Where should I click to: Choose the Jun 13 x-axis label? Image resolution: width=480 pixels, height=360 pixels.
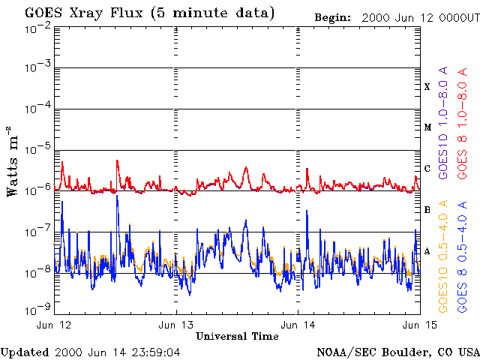pyautogui.click(x=177, y=325)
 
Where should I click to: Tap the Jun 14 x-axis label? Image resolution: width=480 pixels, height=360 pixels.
pyautogui.click(x=298, y=325)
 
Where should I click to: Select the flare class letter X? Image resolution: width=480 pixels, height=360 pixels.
pyautogui.click(x=427, y=87)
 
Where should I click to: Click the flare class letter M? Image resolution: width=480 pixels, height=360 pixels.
pyautogui.click(x=427, y=127)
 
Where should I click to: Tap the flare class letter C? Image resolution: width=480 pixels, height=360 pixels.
pyautogui.click(x=427, y=169)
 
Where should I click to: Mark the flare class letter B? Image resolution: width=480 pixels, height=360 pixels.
pyautogui.click(x=427, y=210)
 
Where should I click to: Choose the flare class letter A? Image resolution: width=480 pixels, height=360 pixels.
pyautogui.click(x=427, y=251)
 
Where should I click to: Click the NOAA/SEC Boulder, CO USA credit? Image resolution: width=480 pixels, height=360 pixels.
pyautogui.click(x=397, y=352)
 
